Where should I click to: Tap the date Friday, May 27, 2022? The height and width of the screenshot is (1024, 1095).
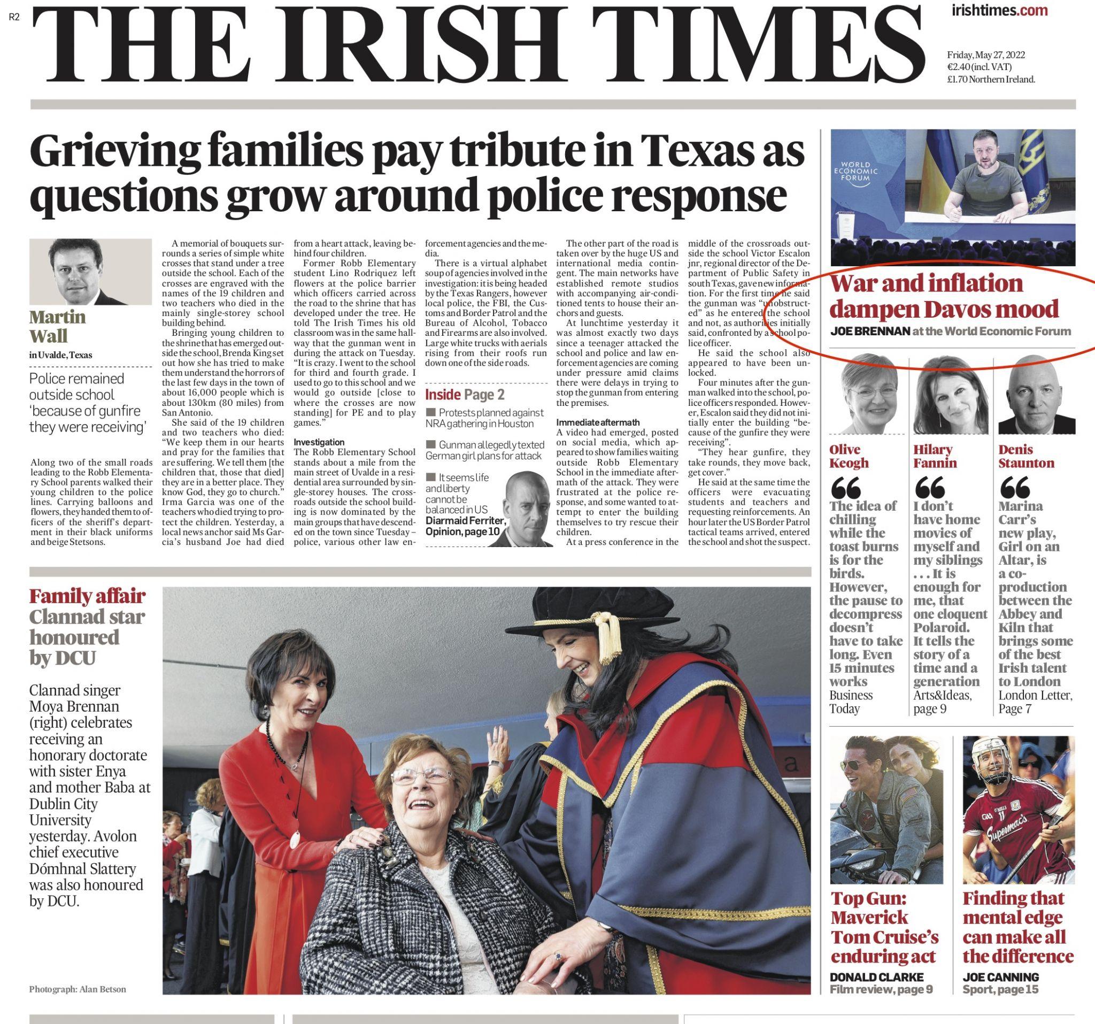(x=986, y=55)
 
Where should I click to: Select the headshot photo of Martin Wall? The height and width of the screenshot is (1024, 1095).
(x=90, y=272)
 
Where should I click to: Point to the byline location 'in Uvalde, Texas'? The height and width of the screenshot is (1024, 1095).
(x=60, y=355)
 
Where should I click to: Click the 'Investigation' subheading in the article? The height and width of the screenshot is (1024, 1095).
(x=319, y=442)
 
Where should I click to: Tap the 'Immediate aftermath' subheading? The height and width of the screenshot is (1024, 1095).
(x=590, y=422)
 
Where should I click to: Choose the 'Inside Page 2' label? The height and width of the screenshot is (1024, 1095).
(x=464, y=395)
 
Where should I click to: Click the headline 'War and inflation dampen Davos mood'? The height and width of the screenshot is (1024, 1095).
(x=944, y=296)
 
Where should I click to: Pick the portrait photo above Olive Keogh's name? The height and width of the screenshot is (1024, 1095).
(x=868, y=394)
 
